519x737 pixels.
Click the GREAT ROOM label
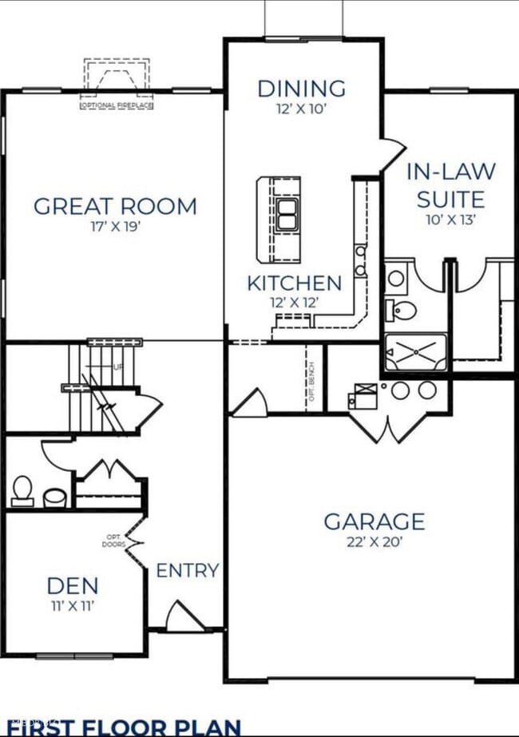point(115,206)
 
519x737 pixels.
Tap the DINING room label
point(302,88)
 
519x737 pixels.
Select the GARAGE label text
point(374,522)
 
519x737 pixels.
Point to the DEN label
point(72,586)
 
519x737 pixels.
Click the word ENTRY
point(188,570)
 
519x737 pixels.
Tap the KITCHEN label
point(294,283)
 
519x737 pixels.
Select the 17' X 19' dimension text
point(115,226)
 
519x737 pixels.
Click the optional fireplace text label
point(117,105)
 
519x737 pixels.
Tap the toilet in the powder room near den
point(22,489)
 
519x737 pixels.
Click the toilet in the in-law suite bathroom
point(403,308)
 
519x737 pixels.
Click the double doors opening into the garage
point(387,427)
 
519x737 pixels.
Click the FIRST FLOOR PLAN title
point(124,727)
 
